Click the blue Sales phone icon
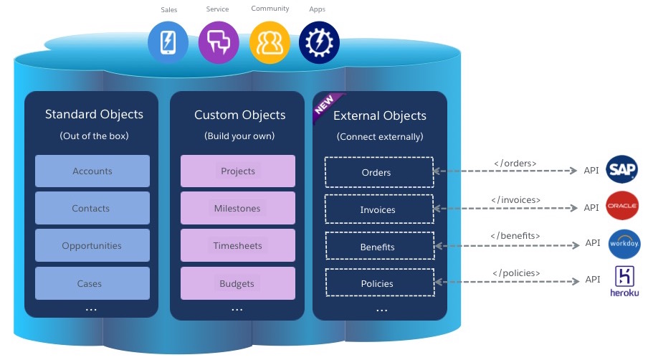[168, 42]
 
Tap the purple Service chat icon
[219, 42]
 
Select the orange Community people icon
[270, 42]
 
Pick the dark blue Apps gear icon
[319, 42]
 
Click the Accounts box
[92, 171]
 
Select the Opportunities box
[92, 245]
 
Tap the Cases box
[92, 283]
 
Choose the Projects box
[238, 171]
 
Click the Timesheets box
[238, 245]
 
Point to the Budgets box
[238, 283]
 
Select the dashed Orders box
[379, 172]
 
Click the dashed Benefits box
[380, 246]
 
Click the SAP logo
[621, 169]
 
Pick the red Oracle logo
[621, 205]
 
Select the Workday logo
[624, 244]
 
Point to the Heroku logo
[624, 281]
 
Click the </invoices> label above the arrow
[515, 200]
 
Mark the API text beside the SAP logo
[591, 170]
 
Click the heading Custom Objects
[240, 115]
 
